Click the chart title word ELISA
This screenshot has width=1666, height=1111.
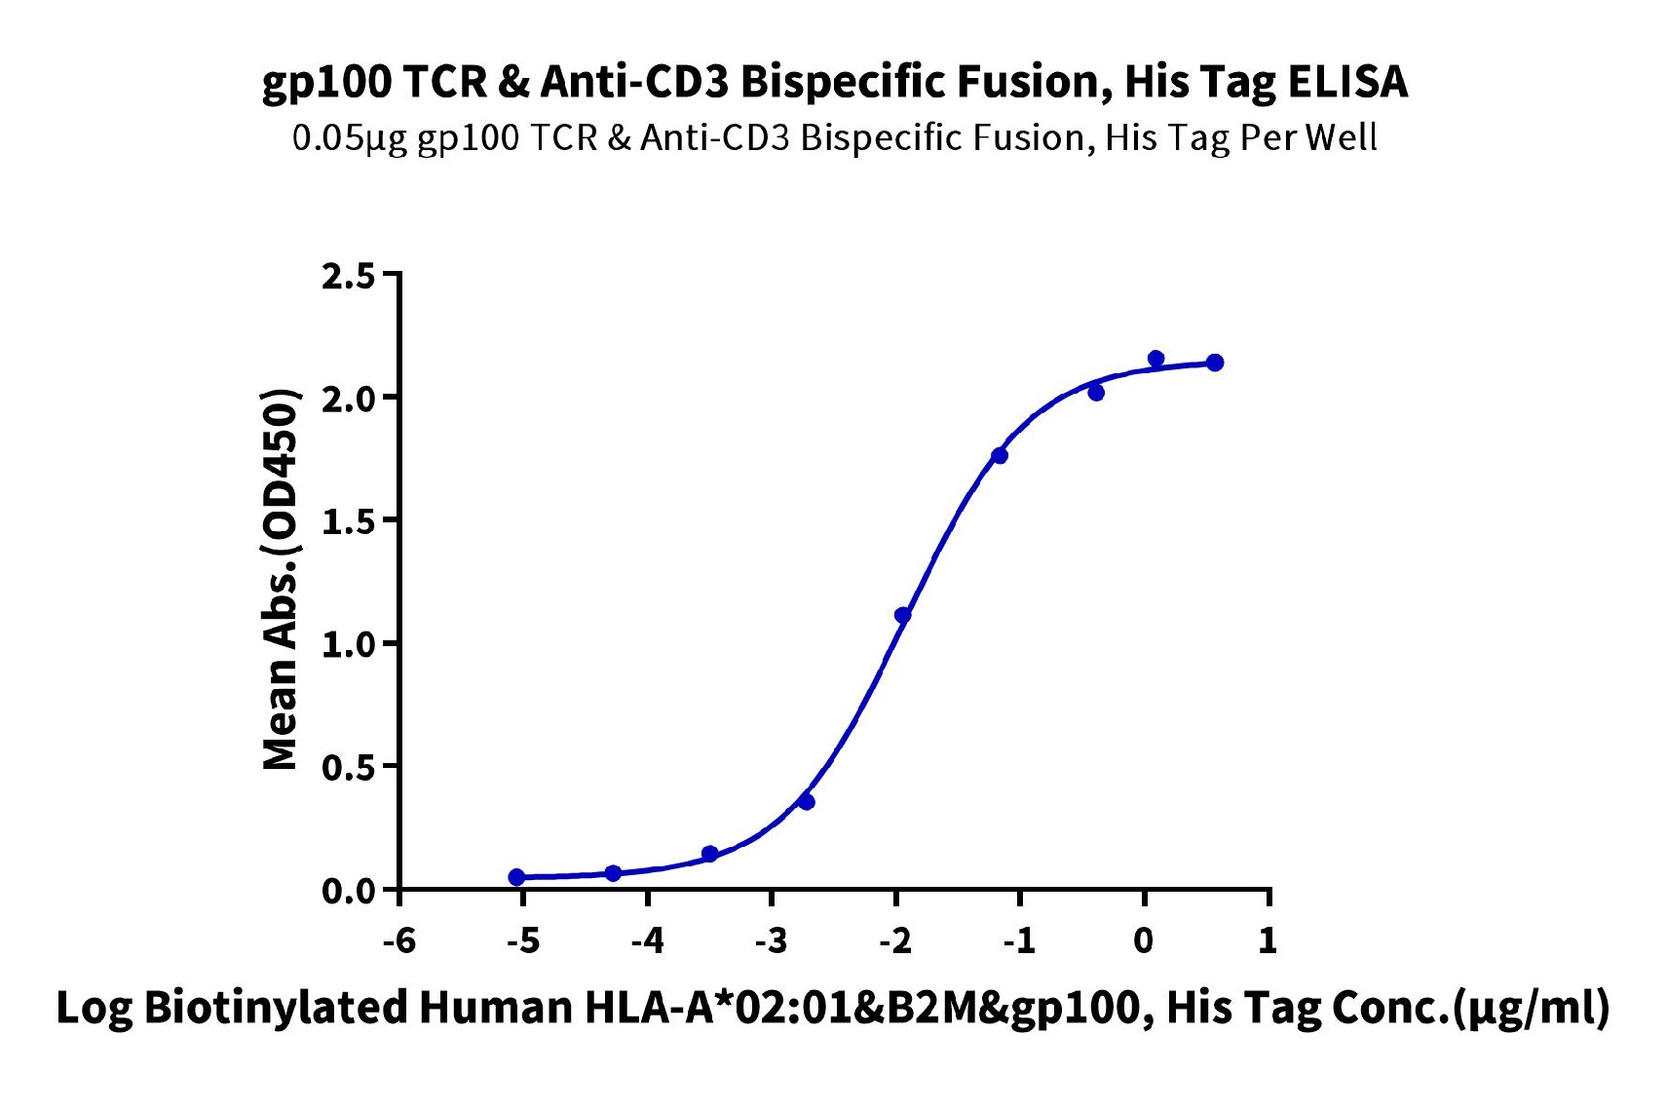click(1347, 82)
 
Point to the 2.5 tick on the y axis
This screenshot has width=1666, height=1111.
click(348, 277)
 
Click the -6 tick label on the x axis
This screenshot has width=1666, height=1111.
click(399, 941)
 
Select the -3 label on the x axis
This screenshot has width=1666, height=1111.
click(772, 941)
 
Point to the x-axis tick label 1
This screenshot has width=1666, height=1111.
click(1268, 941)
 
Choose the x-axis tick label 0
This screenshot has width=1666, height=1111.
click(1144, 941)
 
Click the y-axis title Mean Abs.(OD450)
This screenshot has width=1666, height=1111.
click(282, 579)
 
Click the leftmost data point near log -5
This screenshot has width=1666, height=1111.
click(516, 877)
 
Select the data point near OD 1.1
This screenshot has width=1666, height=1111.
click(903, 615)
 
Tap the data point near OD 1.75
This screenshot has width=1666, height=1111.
click(1000, 455)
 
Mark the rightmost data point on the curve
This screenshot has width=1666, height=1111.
click(1215, 363)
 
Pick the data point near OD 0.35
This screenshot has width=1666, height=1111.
click(807, 801)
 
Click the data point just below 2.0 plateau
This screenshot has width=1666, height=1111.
click(1096, 392)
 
